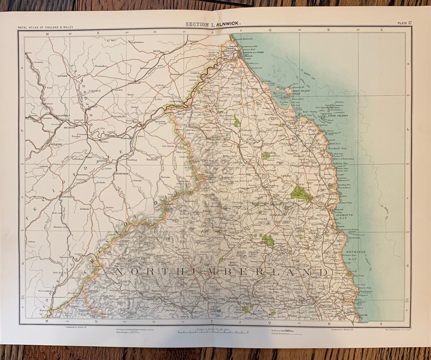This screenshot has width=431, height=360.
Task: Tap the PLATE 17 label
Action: [404, 23]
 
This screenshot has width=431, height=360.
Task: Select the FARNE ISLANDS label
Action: [337, 116]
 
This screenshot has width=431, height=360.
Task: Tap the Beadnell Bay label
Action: [338, 148]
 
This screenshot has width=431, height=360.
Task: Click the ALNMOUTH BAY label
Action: [342, 217]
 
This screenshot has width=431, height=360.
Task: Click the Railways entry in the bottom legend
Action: [277, 330]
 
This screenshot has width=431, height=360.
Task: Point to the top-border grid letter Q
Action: [270, 29]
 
